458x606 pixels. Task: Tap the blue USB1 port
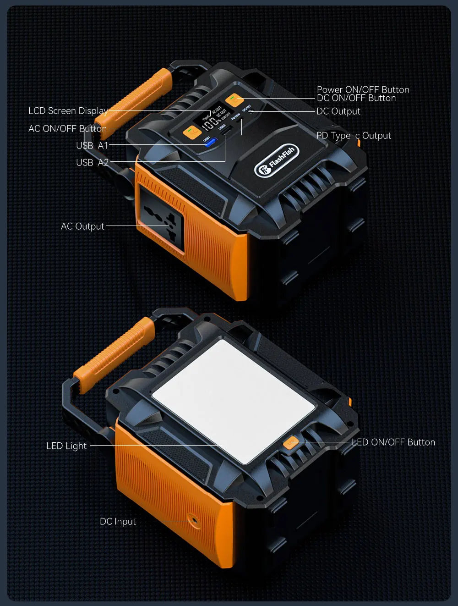point(210,143)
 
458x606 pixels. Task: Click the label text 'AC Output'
point(82,226)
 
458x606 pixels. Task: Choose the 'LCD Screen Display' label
point(68,111)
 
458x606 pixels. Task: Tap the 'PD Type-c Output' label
point(354,136)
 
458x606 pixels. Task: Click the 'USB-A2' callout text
point(93,163)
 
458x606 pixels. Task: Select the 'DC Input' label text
point(118,522)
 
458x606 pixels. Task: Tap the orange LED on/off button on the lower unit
point(291,443)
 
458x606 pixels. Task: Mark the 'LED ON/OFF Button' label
point(393,442)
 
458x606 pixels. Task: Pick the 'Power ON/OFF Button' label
point(363,90)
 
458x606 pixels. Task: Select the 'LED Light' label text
point(66,446)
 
